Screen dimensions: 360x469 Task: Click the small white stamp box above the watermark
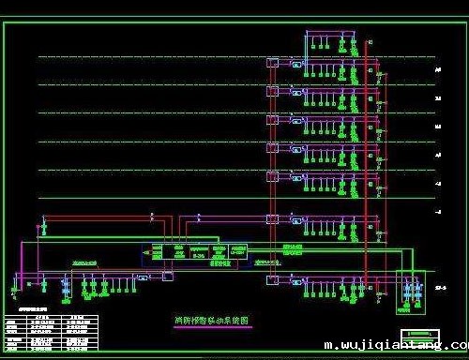pyautogui.click(x=419, y=335)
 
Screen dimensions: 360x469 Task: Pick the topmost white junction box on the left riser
pyautogui.click(x=272, y=63)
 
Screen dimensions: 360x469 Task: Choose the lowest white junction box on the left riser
pyautogui.click(x=272, y=279)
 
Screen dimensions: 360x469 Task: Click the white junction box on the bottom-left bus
pyautogui.click(x=168, y=277)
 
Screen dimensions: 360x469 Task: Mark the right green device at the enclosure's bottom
pyautogui.click(x=416, y=306)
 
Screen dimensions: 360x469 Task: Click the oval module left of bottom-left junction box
pyautogui.click(x=144, y=277)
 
